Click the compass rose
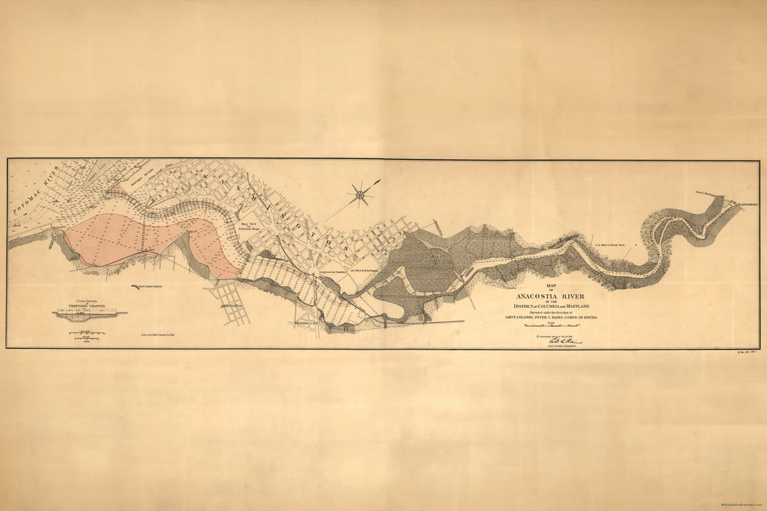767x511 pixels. pyautogui.click(x=359, y=194)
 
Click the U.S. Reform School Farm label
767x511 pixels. pyautogui.click(x=614, y=246)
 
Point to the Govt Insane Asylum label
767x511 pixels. pyautogui.click(x=150, y=286)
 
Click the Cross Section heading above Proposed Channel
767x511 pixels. pyautogui.click(x=88, y=299)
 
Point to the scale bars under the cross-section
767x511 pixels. pyautogui.click(x=88, y=334)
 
